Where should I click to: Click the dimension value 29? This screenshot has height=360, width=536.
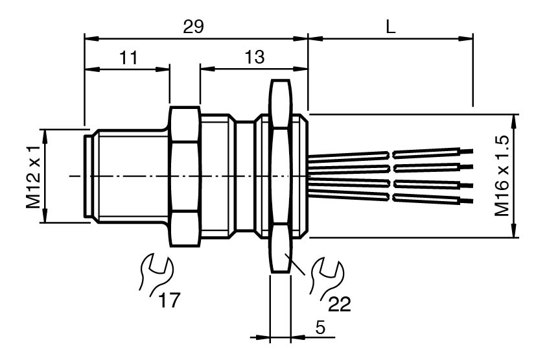point(193,27)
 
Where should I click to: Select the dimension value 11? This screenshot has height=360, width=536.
point(128,58)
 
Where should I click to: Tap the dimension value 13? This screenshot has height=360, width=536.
point(254,57)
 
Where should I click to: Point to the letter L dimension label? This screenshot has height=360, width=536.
point(390,27)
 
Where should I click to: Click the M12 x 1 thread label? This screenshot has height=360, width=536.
point(34,176)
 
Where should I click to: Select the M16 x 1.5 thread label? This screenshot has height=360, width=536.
point(502,176)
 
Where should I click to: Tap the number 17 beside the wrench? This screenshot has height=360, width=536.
point(169,300)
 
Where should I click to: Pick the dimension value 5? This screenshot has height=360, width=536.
point(320,328)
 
